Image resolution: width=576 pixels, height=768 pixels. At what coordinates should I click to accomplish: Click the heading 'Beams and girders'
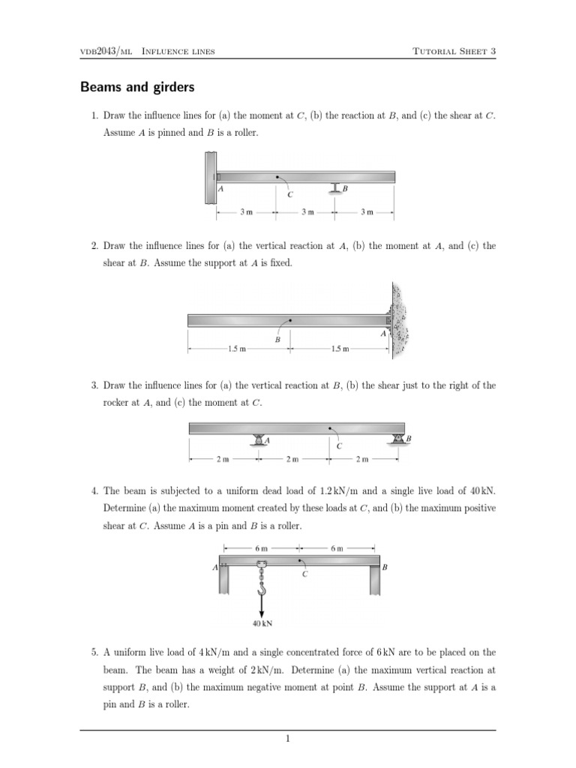coord(137,88)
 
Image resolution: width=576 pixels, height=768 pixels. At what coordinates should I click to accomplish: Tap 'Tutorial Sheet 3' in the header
coord(454,51)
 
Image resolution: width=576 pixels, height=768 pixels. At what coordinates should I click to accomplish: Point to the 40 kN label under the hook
coord(262,621)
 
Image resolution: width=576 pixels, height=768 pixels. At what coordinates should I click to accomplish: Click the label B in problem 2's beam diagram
coord(277,340)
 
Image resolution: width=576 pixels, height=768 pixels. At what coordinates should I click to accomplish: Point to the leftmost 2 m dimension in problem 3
coord(223,458)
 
